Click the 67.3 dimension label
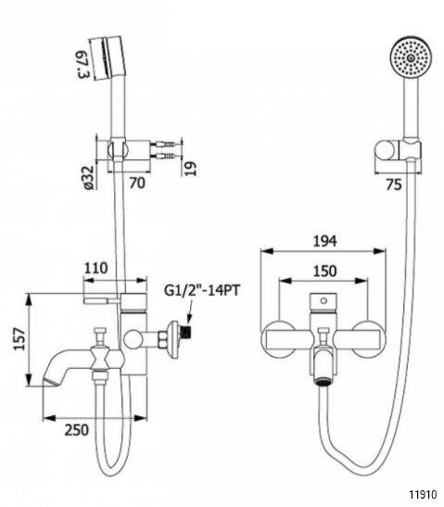click(x=83, y=64)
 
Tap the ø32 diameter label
click(x=88, y=177)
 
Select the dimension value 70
click(x=137, y=184)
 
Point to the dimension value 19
click(x=191, y=169)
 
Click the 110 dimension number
click(x=96, y=268)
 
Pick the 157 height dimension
click(x=19, y=338)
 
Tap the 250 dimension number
click(x=77, y=430)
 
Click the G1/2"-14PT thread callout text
click(x=202, y=290)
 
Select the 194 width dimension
click(x=325, y=241)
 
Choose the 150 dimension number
click(x=324, y=271)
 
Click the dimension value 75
click(x=394, y=184)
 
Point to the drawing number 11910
click(x=423, y=494)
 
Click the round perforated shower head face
click(x=411, y=57)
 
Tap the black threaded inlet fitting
click(x=186, y=331)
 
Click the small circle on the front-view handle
click(x=323, y=301)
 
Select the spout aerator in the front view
click(x=323, y=382)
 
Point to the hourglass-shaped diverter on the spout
click(x=100, y=359)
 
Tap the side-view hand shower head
click(x=108, y=57)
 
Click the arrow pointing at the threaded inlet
click(x=190, y=311)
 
